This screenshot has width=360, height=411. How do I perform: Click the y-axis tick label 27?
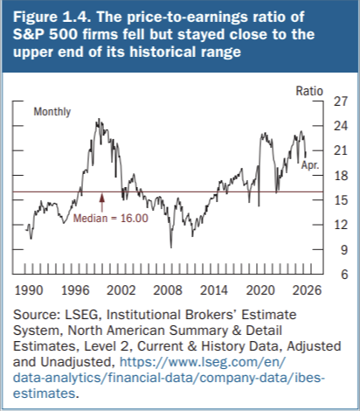click(341, 101)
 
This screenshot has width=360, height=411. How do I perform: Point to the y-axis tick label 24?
click(341, 126)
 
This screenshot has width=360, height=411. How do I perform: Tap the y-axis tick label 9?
click(344, 250)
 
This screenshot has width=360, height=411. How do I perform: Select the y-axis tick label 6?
click(344, 275)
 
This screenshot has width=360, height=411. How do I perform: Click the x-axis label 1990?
click(29, 290)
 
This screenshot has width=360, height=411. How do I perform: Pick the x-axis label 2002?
click(121, 290)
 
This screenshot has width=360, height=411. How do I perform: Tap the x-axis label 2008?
click(168, 290)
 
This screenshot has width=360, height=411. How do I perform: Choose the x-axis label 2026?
click(307, 290)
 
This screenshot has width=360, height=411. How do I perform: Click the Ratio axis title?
click(309, 91)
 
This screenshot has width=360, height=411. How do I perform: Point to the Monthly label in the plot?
click(52, 112)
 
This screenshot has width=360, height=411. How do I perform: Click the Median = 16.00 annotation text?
click(111, 218)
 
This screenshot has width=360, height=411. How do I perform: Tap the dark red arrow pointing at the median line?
click(101, 203)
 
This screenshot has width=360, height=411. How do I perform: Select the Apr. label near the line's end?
click(310, 165)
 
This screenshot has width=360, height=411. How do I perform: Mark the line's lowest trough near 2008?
click(171, 247)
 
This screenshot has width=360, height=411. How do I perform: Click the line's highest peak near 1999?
click(99, 119)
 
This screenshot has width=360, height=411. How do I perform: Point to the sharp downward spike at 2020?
click(259, 205)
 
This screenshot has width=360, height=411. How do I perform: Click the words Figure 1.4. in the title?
click(52, 17)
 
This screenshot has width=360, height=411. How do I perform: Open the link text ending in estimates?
click(45, 394)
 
